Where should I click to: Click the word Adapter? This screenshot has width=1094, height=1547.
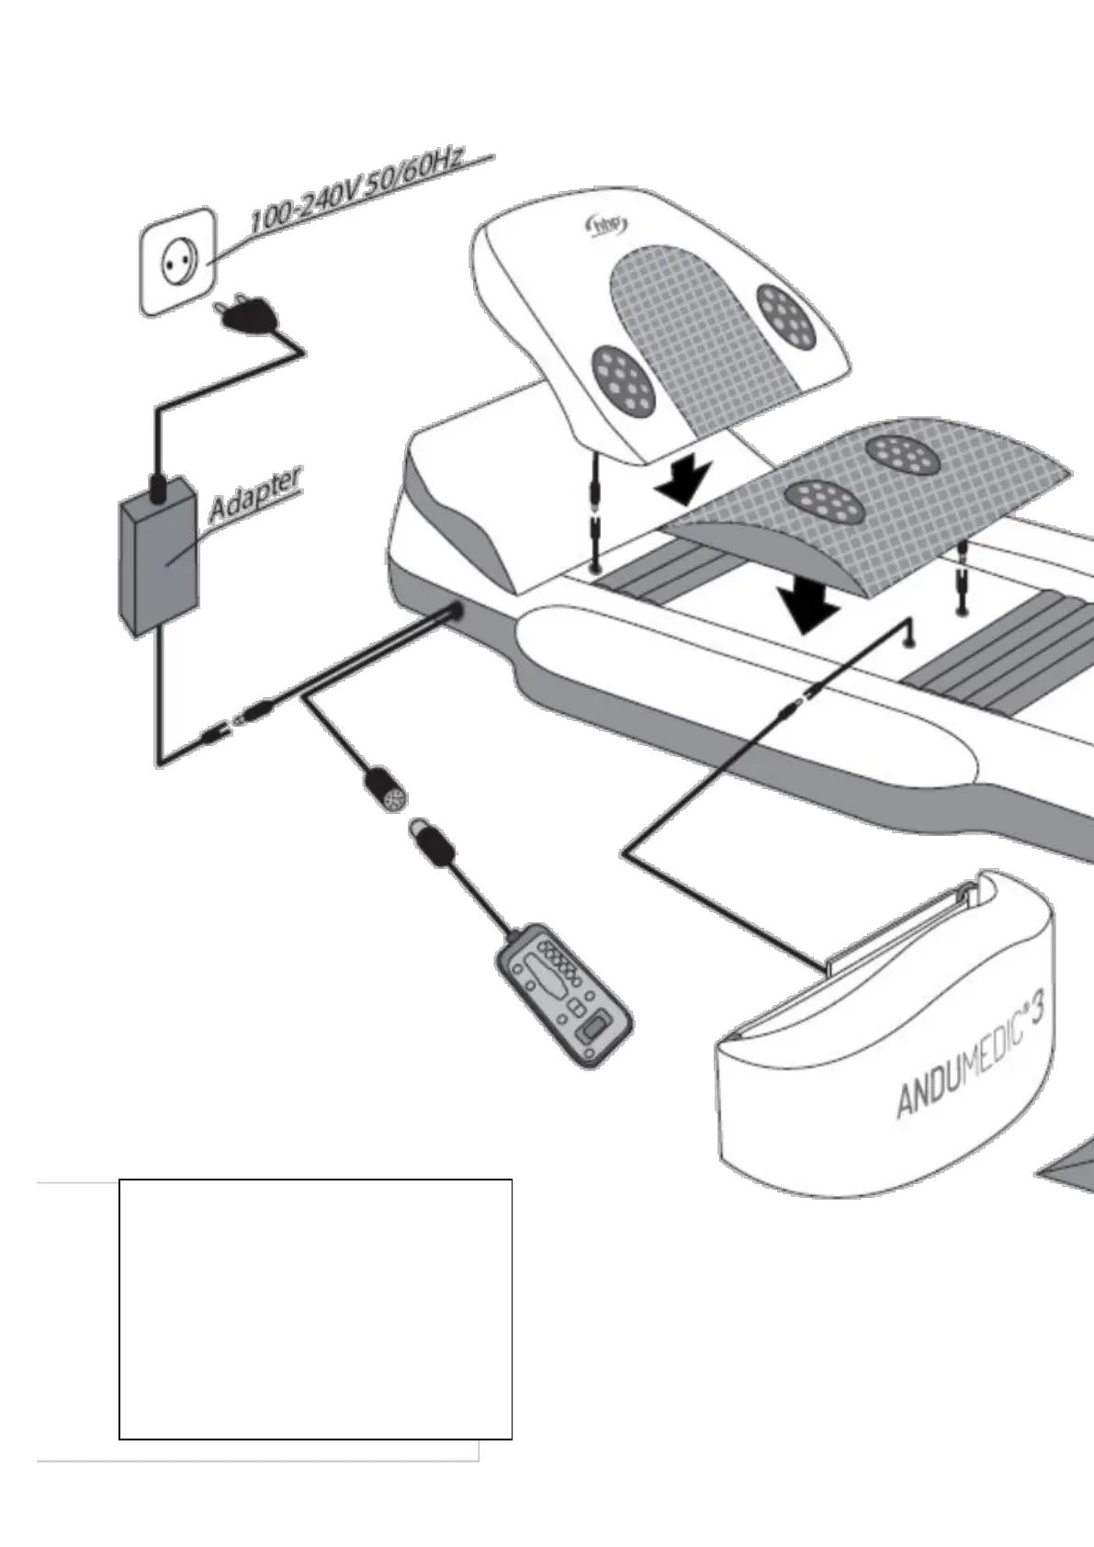[254, 497]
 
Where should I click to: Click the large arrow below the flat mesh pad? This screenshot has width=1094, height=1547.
[807, 607]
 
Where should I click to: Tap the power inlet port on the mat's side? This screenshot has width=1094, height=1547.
[455, 614]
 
